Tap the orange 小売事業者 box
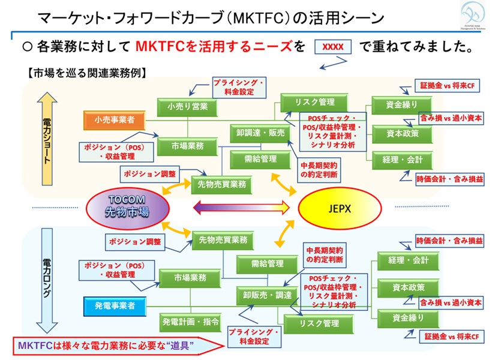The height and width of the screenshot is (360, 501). coord(115,120)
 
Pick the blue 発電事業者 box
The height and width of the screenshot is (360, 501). coord(115,305)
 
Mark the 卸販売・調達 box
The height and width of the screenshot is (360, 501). coord(263,295)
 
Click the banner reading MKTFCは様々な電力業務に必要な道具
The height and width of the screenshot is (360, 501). coord(108,346)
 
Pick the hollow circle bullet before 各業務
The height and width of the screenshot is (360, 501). coord(26,46)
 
